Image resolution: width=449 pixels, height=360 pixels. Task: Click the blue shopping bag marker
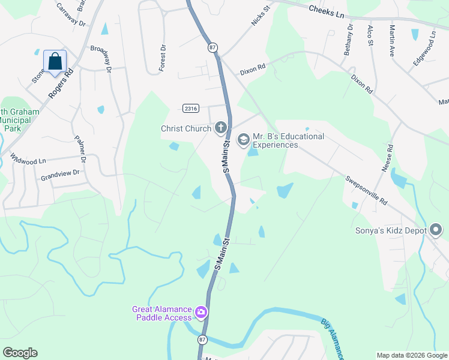pos(55,61)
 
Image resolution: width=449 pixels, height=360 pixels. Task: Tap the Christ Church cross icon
pos(221,127)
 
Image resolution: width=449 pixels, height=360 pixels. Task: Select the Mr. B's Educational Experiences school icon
pos(243,140)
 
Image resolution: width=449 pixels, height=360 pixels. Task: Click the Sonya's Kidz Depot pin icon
pos(436,230)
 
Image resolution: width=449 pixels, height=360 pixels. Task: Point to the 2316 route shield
pos(190,107)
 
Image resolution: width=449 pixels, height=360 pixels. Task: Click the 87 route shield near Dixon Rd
pos(212,47)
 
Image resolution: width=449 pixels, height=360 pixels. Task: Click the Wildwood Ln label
pos(28,160)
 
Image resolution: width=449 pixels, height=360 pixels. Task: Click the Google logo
pos(20,353)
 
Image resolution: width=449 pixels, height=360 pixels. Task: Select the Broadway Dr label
pos(101,59)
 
